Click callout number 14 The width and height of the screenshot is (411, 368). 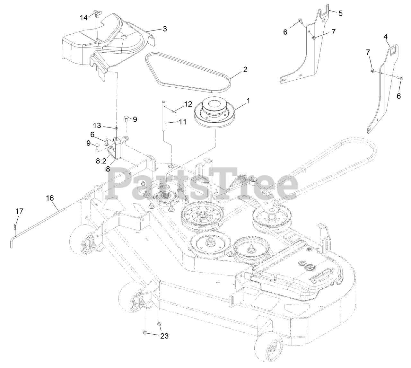point(83,18)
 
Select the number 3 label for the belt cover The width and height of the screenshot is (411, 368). point(165,29)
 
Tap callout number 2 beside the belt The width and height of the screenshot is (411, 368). point(245,69)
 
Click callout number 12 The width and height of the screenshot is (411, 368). point(188,104)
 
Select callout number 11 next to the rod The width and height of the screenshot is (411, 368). point(182,122)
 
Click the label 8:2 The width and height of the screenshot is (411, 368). point(101,162)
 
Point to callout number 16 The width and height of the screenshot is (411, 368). point(50,198)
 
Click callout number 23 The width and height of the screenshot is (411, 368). point(164,336)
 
